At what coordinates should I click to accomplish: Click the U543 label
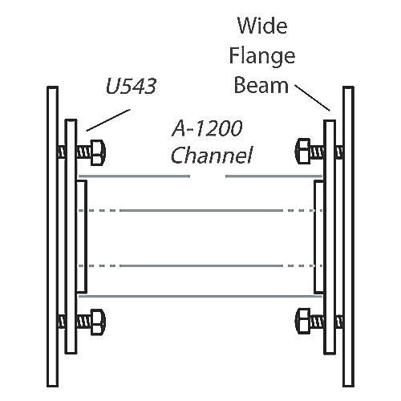[131, 86]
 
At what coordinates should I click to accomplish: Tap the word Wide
[262, 26]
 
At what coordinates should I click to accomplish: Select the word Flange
[262, 57]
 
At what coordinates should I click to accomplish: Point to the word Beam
[261, 86]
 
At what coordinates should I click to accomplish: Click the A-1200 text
[207, 128]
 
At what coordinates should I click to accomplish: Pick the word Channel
[212, 156]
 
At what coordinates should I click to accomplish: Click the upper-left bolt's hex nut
[98, 152]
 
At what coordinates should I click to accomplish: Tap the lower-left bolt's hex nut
[98, 322]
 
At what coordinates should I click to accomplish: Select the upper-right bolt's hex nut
[303, 151]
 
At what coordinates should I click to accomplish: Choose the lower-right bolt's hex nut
[303, 321]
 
